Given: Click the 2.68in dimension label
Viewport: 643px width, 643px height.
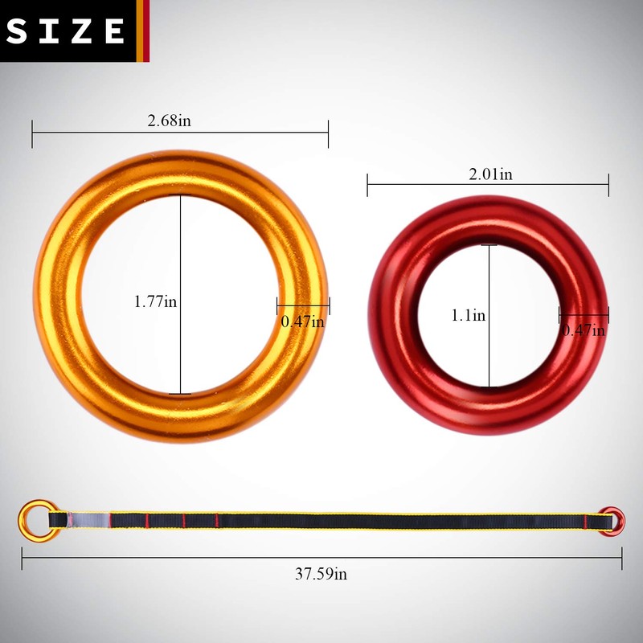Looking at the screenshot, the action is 169,121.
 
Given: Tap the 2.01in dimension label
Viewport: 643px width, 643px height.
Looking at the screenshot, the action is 490,174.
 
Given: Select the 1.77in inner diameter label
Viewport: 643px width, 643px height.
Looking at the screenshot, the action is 155,302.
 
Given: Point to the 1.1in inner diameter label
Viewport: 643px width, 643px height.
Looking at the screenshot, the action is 469,315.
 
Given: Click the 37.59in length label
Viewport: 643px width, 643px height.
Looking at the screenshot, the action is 321,574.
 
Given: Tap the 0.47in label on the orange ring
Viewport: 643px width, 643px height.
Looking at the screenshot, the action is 303,321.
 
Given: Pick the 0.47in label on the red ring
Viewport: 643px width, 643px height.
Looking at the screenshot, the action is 584,330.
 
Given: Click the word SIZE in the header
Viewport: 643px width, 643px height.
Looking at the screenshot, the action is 65,31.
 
